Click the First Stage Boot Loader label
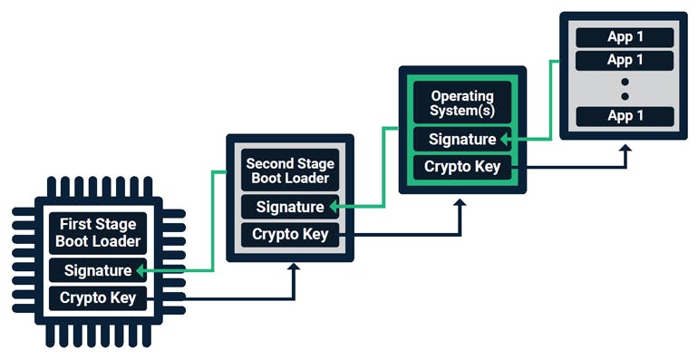[99, 233]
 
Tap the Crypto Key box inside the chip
[97, 297]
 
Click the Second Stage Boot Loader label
[289, 170]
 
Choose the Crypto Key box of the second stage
[289, 234]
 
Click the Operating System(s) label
[461, 102]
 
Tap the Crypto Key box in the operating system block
[461, 167]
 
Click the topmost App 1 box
[625, 37]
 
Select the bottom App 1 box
[625, 116]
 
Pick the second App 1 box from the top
[625, 60]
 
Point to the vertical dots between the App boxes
[625, 88]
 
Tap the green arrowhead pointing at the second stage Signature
[333, 207]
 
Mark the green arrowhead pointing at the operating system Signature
[504, 139]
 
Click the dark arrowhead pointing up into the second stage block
[293, 269]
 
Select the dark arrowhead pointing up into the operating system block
[460, 205]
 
